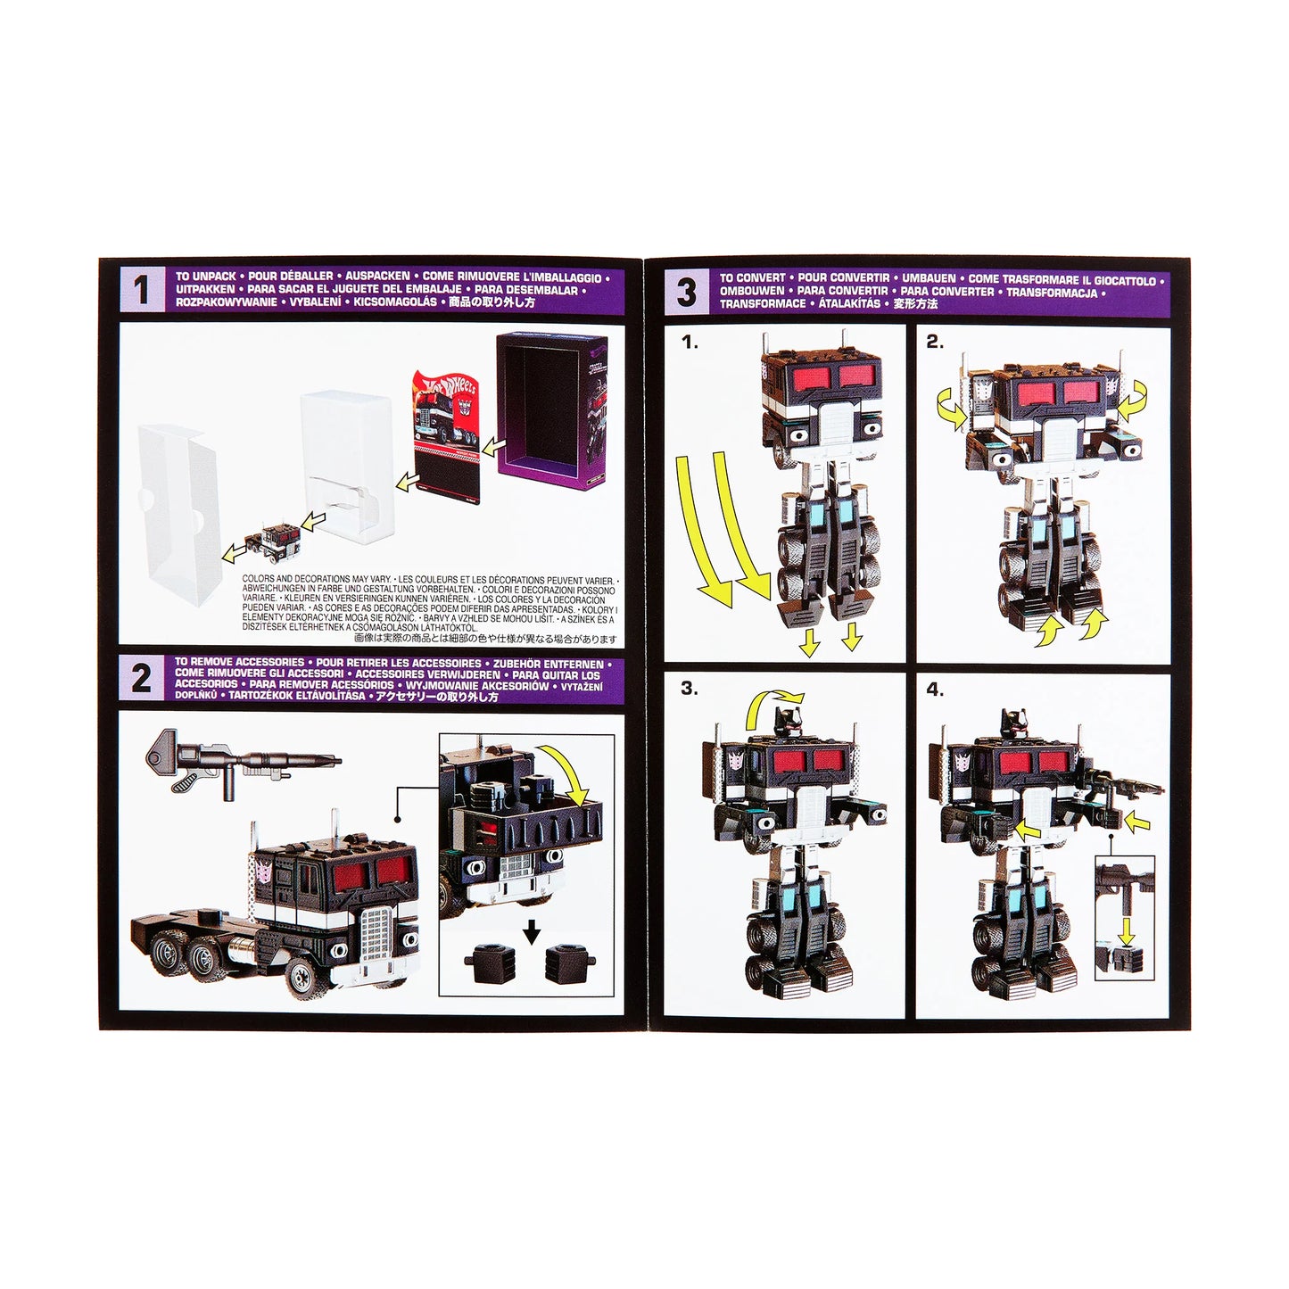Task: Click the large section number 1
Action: (141, 291)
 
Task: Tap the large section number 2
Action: (141, 679)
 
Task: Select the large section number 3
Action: (686, 292)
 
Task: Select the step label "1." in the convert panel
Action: (690, 342)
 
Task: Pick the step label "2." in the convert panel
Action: (934, 342)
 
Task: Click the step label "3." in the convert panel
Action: (690, 689)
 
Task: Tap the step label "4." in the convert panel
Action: (934, 689)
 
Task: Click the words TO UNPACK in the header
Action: (206, 277)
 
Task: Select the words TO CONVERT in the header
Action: (753, 278)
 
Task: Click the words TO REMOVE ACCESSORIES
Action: (239, 663)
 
